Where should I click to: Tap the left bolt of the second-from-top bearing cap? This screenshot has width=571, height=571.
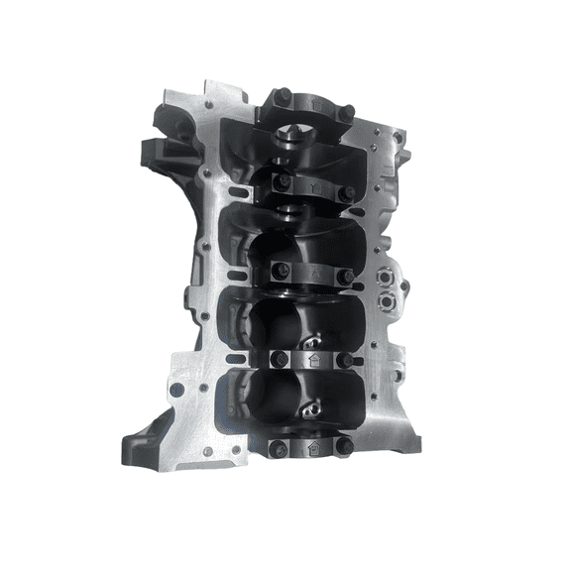[x=282, y=179]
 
